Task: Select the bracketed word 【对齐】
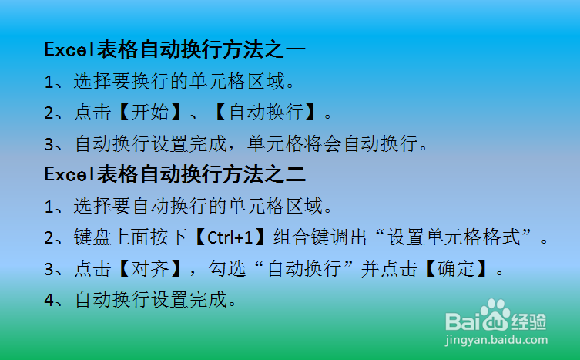(x=148, y=270)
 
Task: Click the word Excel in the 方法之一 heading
(x=67, y=49)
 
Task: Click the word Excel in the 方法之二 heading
(x=67, y=174)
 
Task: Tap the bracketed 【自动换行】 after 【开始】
(x=266, y=113)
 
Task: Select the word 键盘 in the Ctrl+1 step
(x=89, y=238)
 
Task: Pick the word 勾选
(x=231, y=270)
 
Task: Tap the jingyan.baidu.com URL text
(x=496, y=339)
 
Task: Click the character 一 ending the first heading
(x=296, y=49)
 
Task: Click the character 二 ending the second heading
(x=296, y=174)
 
